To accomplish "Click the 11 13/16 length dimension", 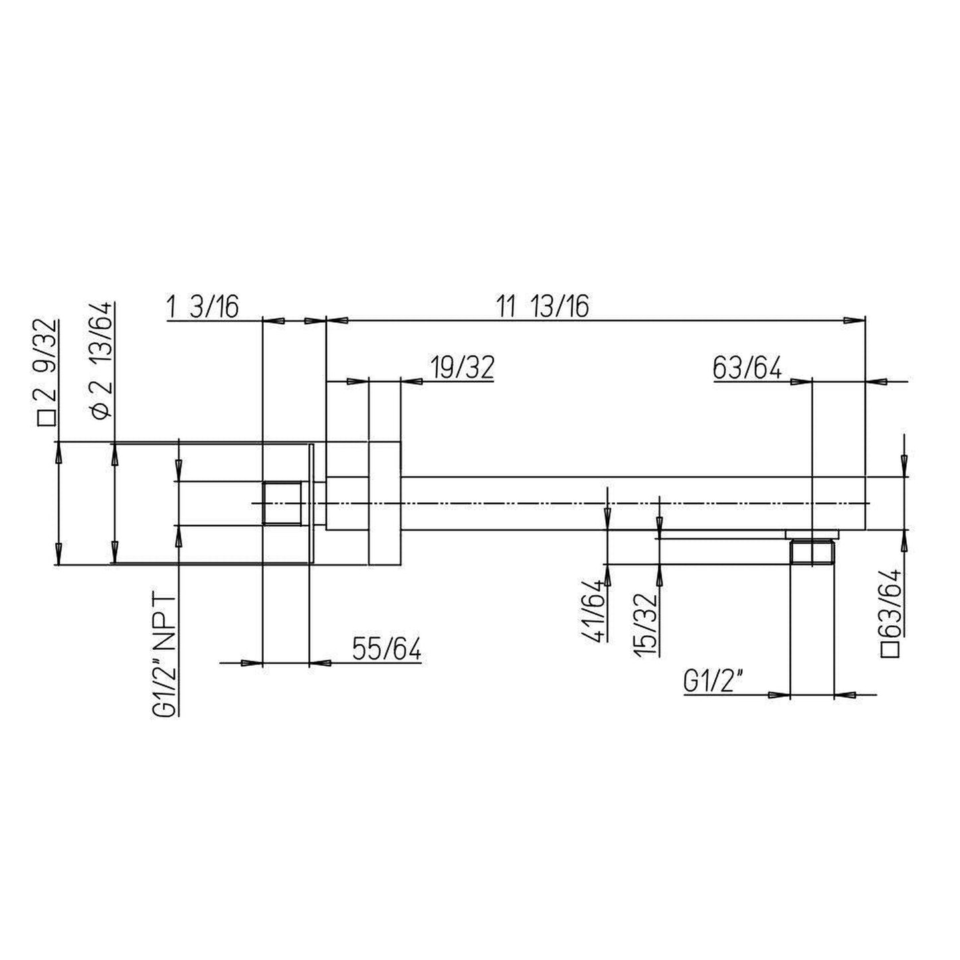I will click(542, 307).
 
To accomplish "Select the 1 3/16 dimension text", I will click(201, 308).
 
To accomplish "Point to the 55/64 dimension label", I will click(387, 649).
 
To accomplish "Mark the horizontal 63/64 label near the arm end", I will click(747, 367).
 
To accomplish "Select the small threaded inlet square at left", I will click(282, 503).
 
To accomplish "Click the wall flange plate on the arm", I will click(385, 503).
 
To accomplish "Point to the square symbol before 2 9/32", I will click(48, 419).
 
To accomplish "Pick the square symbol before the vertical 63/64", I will click(892, 648).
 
